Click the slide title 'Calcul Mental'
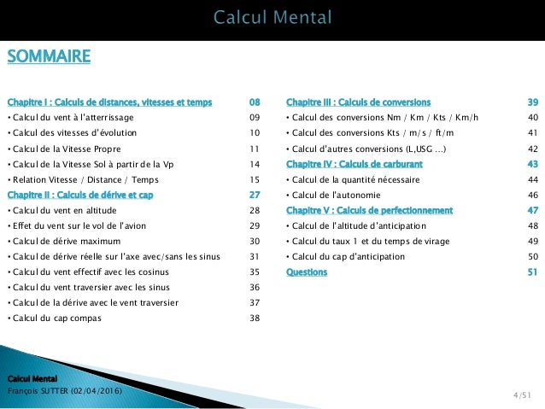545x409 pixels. (x=272, y=18)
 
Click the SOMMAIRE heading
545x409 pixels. (x=49, y=57)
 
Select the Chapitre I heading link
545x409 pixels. (x=109, y=102)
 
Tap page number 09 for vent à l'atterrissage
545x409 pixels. (x=254, y=118)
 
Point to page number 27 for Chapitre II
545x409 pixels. (x=254, y=195)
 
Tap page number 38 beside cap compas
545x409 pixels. (x=254, y=318)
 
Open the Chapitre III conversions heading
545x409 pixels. (x=359, y=102)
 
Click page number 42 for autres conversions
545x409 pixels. (x=533, y=149)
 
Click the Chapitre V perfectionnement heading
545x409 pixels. (x=370, y=210)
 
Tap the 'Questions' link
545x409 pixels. (x=306, y=272)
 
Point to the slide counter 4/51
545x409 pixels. (x=522, y=395)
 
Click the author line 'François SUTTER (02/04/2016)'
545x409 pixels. (x=64, y=390)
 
